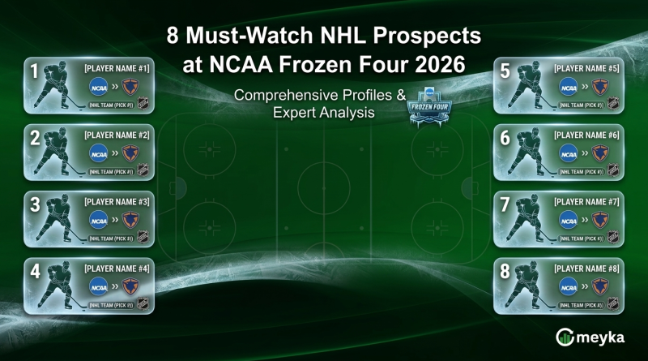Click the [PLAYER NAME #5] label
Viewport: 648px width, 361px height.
click(586, 68)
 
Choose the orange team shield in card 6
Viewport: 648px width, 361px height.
click(599, 152)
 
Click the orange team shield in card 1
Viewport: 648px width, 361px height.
click(130, 85)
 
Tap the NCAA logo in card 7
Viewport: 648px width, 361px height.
click(569, 218)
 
